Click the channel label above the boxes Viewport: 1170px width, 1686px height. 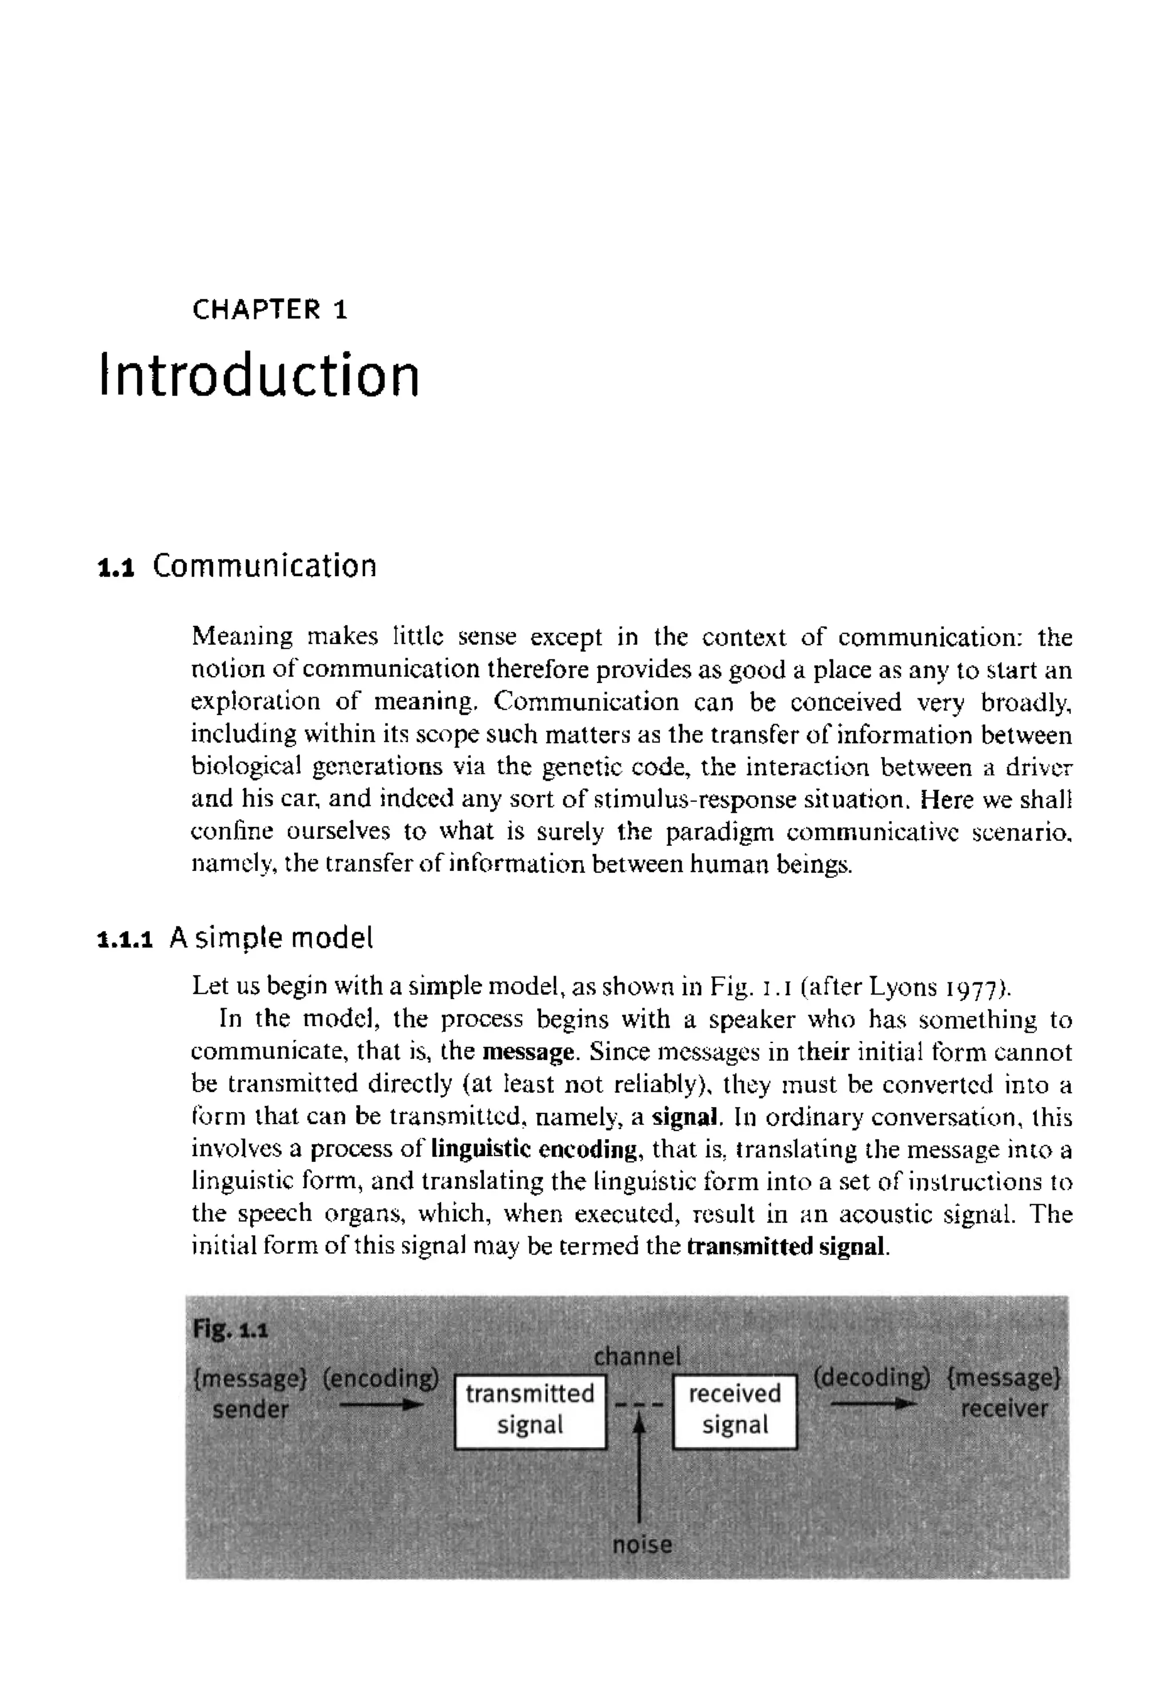click(637, 1357)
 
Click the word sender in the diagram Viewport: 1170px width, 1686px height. click(251, 1409)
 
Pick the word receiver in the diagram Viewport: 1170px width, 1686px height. click(1004, 1409)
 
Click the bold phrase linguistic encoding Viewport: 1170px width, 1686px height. click(534, 1148)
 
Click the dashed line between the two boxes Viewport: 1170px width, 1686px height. click(639, 1406)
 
